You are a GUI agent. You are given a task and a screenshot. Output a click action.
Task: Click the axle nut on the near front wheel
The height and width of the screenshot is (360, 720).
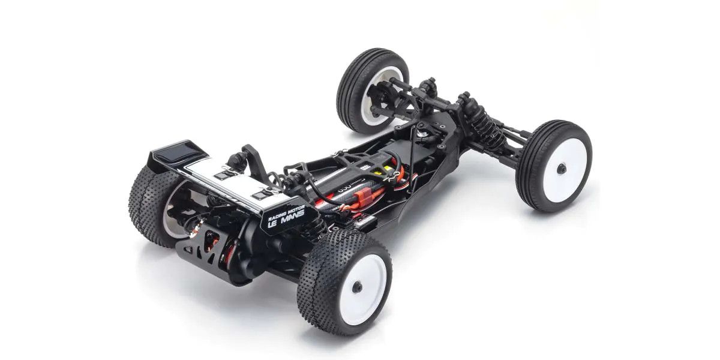point(561,169)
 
